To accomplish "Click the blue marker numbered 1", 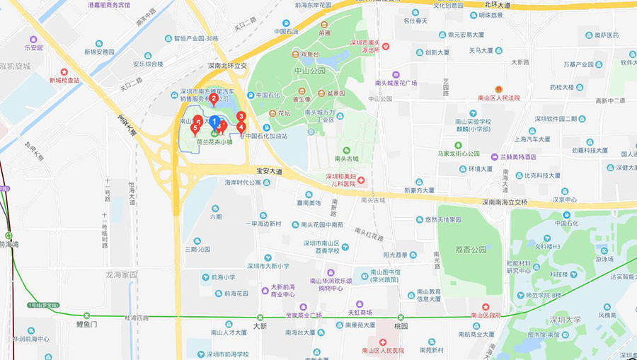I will pyautogui.click(x=214, y=121).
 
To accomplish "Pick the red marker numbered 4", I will pyautogui.click(x=241, y=127).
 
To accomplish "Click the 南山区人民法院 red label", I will pyautogui.click(x=499, y=98).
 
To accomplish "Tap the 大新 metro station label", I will pyautogui.click(x=260, y=326).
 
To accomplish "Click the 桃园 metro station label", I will pyautogui.click(x=401, y=327).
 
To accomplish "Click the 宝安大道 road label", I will pyautogui.click(x=269, y=172).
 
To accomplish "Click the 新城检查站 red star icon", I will pyautogui.click(x=64, y=71).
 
